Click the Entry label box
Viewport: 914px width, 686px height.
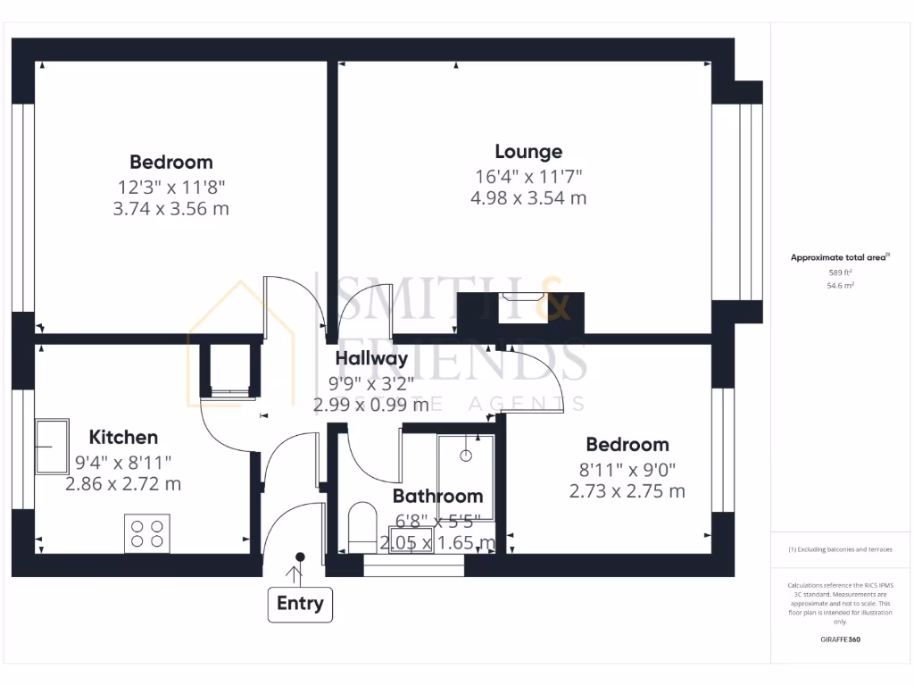coord(300,604)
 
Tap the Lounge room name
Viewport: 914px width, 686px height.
coord(528,152)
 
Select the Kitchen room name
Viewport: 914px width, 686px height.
coord(123,437)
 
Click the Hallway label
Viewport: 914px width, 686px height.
coord(371,359)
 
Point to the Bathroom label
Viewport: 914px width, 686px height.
coord(437,496)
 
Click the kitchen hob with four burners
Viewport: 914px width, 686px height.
coord(147,533)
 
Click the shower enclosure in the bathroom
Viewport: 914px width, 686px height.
coord(465,474)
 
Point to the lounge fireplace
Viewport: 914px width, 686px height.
coord(519,307)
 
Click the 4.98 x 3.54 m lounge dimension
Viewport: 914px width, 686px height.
coord(528,198)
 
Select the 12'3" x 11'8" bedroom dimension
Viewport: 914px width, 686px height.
coord(171,187)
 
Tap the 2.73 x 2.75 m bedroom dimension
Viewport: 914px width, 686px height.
coord(627,490)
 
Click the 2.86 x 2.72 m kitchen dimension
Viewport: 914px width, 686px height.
coord(123,484)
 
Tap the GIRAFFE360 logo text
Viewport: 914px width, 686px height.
coord(840,640)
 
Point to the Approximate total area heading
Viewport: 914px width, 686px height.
coord(838,257)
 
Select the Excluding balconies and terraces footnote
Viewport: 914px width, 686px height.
coord(839,549)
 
